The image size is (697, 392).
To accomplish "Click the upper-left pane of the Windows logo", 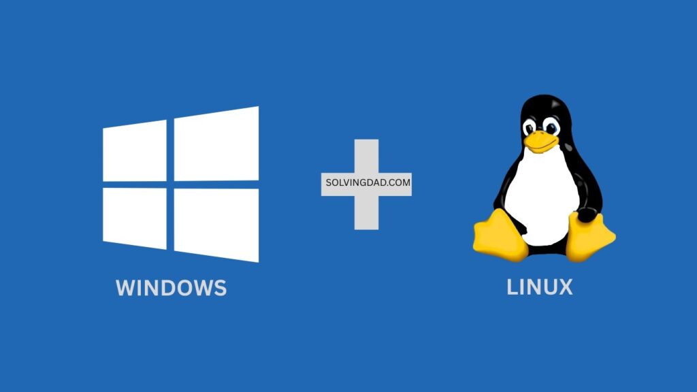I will [x=135, y=152].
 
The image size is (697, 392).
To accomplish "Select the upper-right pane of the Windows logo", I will [x=216, y=144].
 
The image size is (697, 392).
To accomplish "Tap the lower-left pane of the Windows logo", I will [x=135, y=218].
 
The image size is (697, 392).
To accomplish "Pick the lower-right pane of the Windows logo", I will [x=216, y=225].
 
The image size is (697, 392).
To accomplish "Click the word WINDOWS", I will [x=172, y=288].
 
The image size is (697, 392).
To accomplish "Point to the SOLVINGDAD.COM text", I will [x=366, y=184].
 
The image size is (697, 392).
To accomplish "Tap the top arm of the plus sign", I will [x=366, y=155].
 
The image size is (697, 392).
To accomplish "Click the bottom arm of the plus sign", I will [x=366, y=212].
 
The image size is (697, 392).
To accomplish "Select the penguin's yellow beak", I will [x=539, y=142].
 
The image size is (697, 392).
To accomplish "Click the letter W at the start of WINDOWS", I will [x=126, y=288].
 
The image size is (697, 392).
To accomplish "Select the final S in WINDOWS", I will [x=219, y=288].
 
